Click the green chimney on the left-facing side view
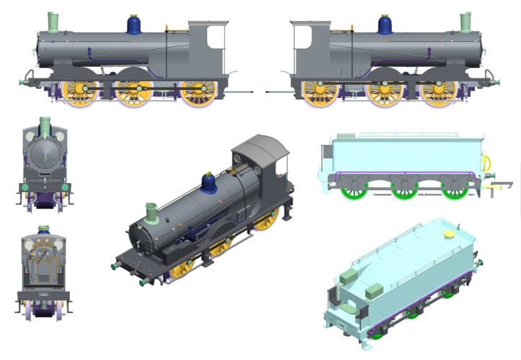53,22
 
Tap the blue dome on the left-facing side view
133,25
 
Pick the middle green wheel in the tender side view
404,188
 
